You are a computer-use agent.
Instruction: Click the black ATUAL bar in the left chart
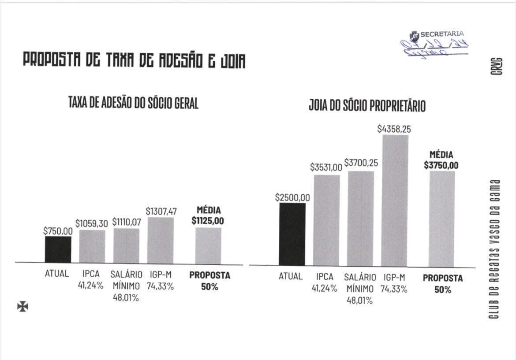click(58, 249)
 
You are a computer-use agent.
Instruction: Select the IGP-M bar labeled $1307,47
click(161, 240)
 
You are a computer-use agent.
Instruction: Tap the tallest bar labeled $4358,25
click(395, 200)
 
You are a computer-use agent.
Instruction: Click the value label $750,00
click(58, 230)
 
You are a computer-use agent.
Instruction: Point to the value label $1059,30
click(92, 224)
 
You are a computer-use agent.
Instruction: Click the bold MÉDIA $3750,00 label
click(441, 160)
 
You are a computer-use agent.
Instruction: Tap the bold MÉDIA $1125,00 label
click(208, 216)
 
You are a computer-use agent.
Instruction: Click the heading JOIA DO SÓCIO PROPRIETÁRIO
click(367, 107)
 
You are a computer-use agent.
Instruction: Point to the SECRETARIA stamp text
click(442, 33)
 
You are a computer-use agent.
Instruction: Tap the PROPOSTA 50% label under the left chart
click(209, 281)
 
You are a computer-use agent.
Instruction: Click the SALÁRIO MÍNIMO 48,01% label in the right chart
click(360, 289)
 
